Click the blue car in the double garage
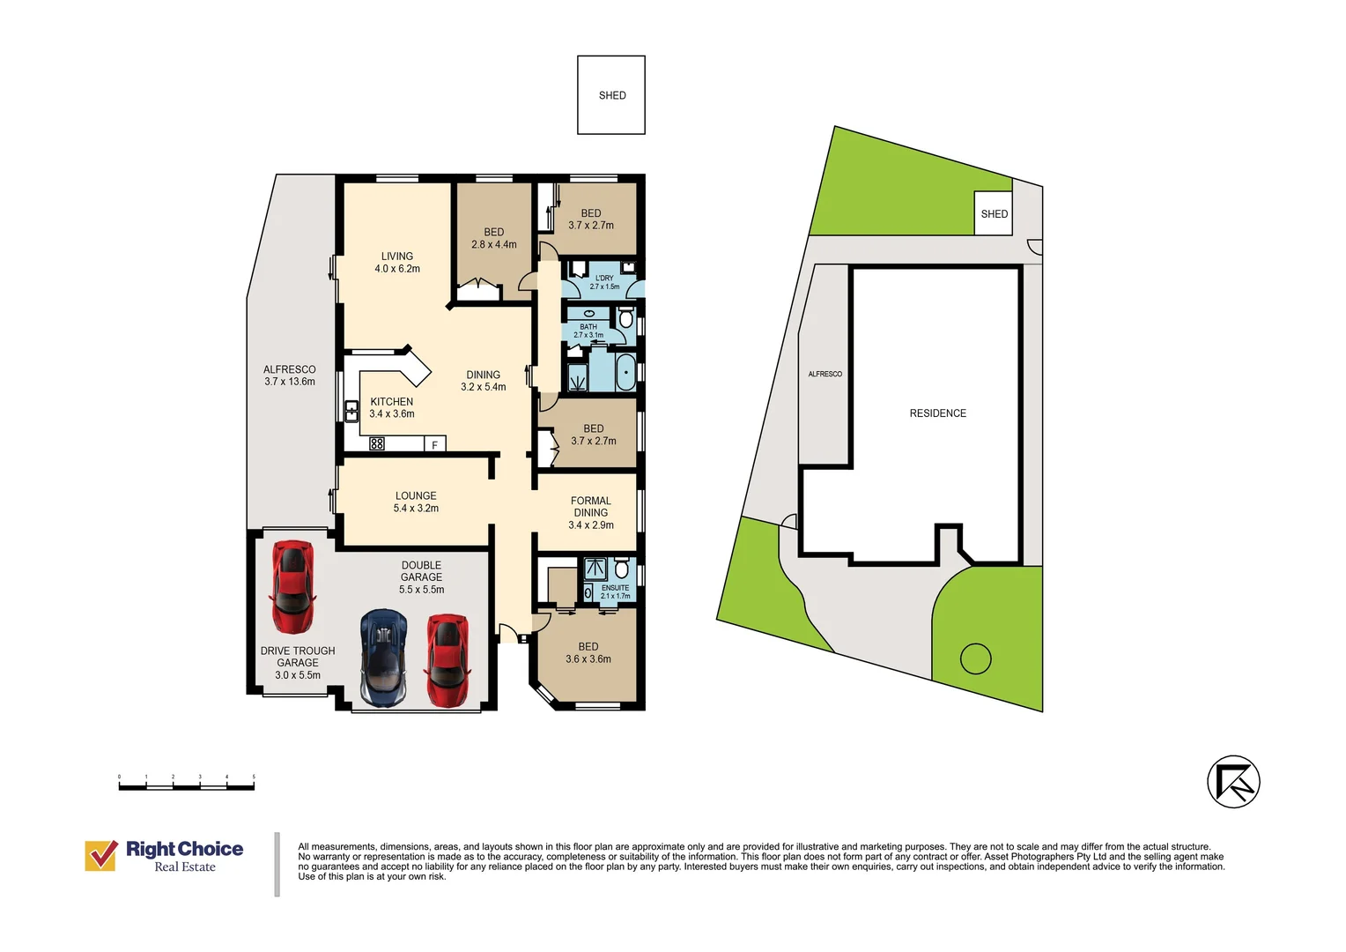tap(383, 658)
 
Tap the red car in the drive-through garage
tap(292, 586)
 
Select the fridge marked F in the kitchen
tap(434, 443)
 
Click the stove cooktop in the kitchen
tap(377, 443)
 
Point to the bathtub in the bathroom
tap(625, 373)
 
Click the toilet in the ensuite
tap(622, 567)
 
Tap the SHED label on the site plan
tap(994, 214)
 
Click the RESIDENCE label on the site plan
tap(937, 413)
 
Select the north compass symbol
tap(1233, 782)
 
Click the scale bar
tap(186, 784)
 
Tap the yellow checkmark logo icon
tap(101, 855)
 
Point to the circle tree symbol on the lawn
tap(975, 658)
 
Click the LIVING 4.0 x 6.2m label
tap(397, 262)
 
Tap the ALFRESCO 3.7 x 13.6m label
tap(289, 376)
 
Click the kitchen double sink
tap(351, 412)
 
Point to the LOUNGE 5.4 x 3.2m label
tap(416, 502)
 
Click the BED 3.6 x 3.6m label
tap(588, 652)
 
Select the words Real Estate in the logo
tap(185, 866)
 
